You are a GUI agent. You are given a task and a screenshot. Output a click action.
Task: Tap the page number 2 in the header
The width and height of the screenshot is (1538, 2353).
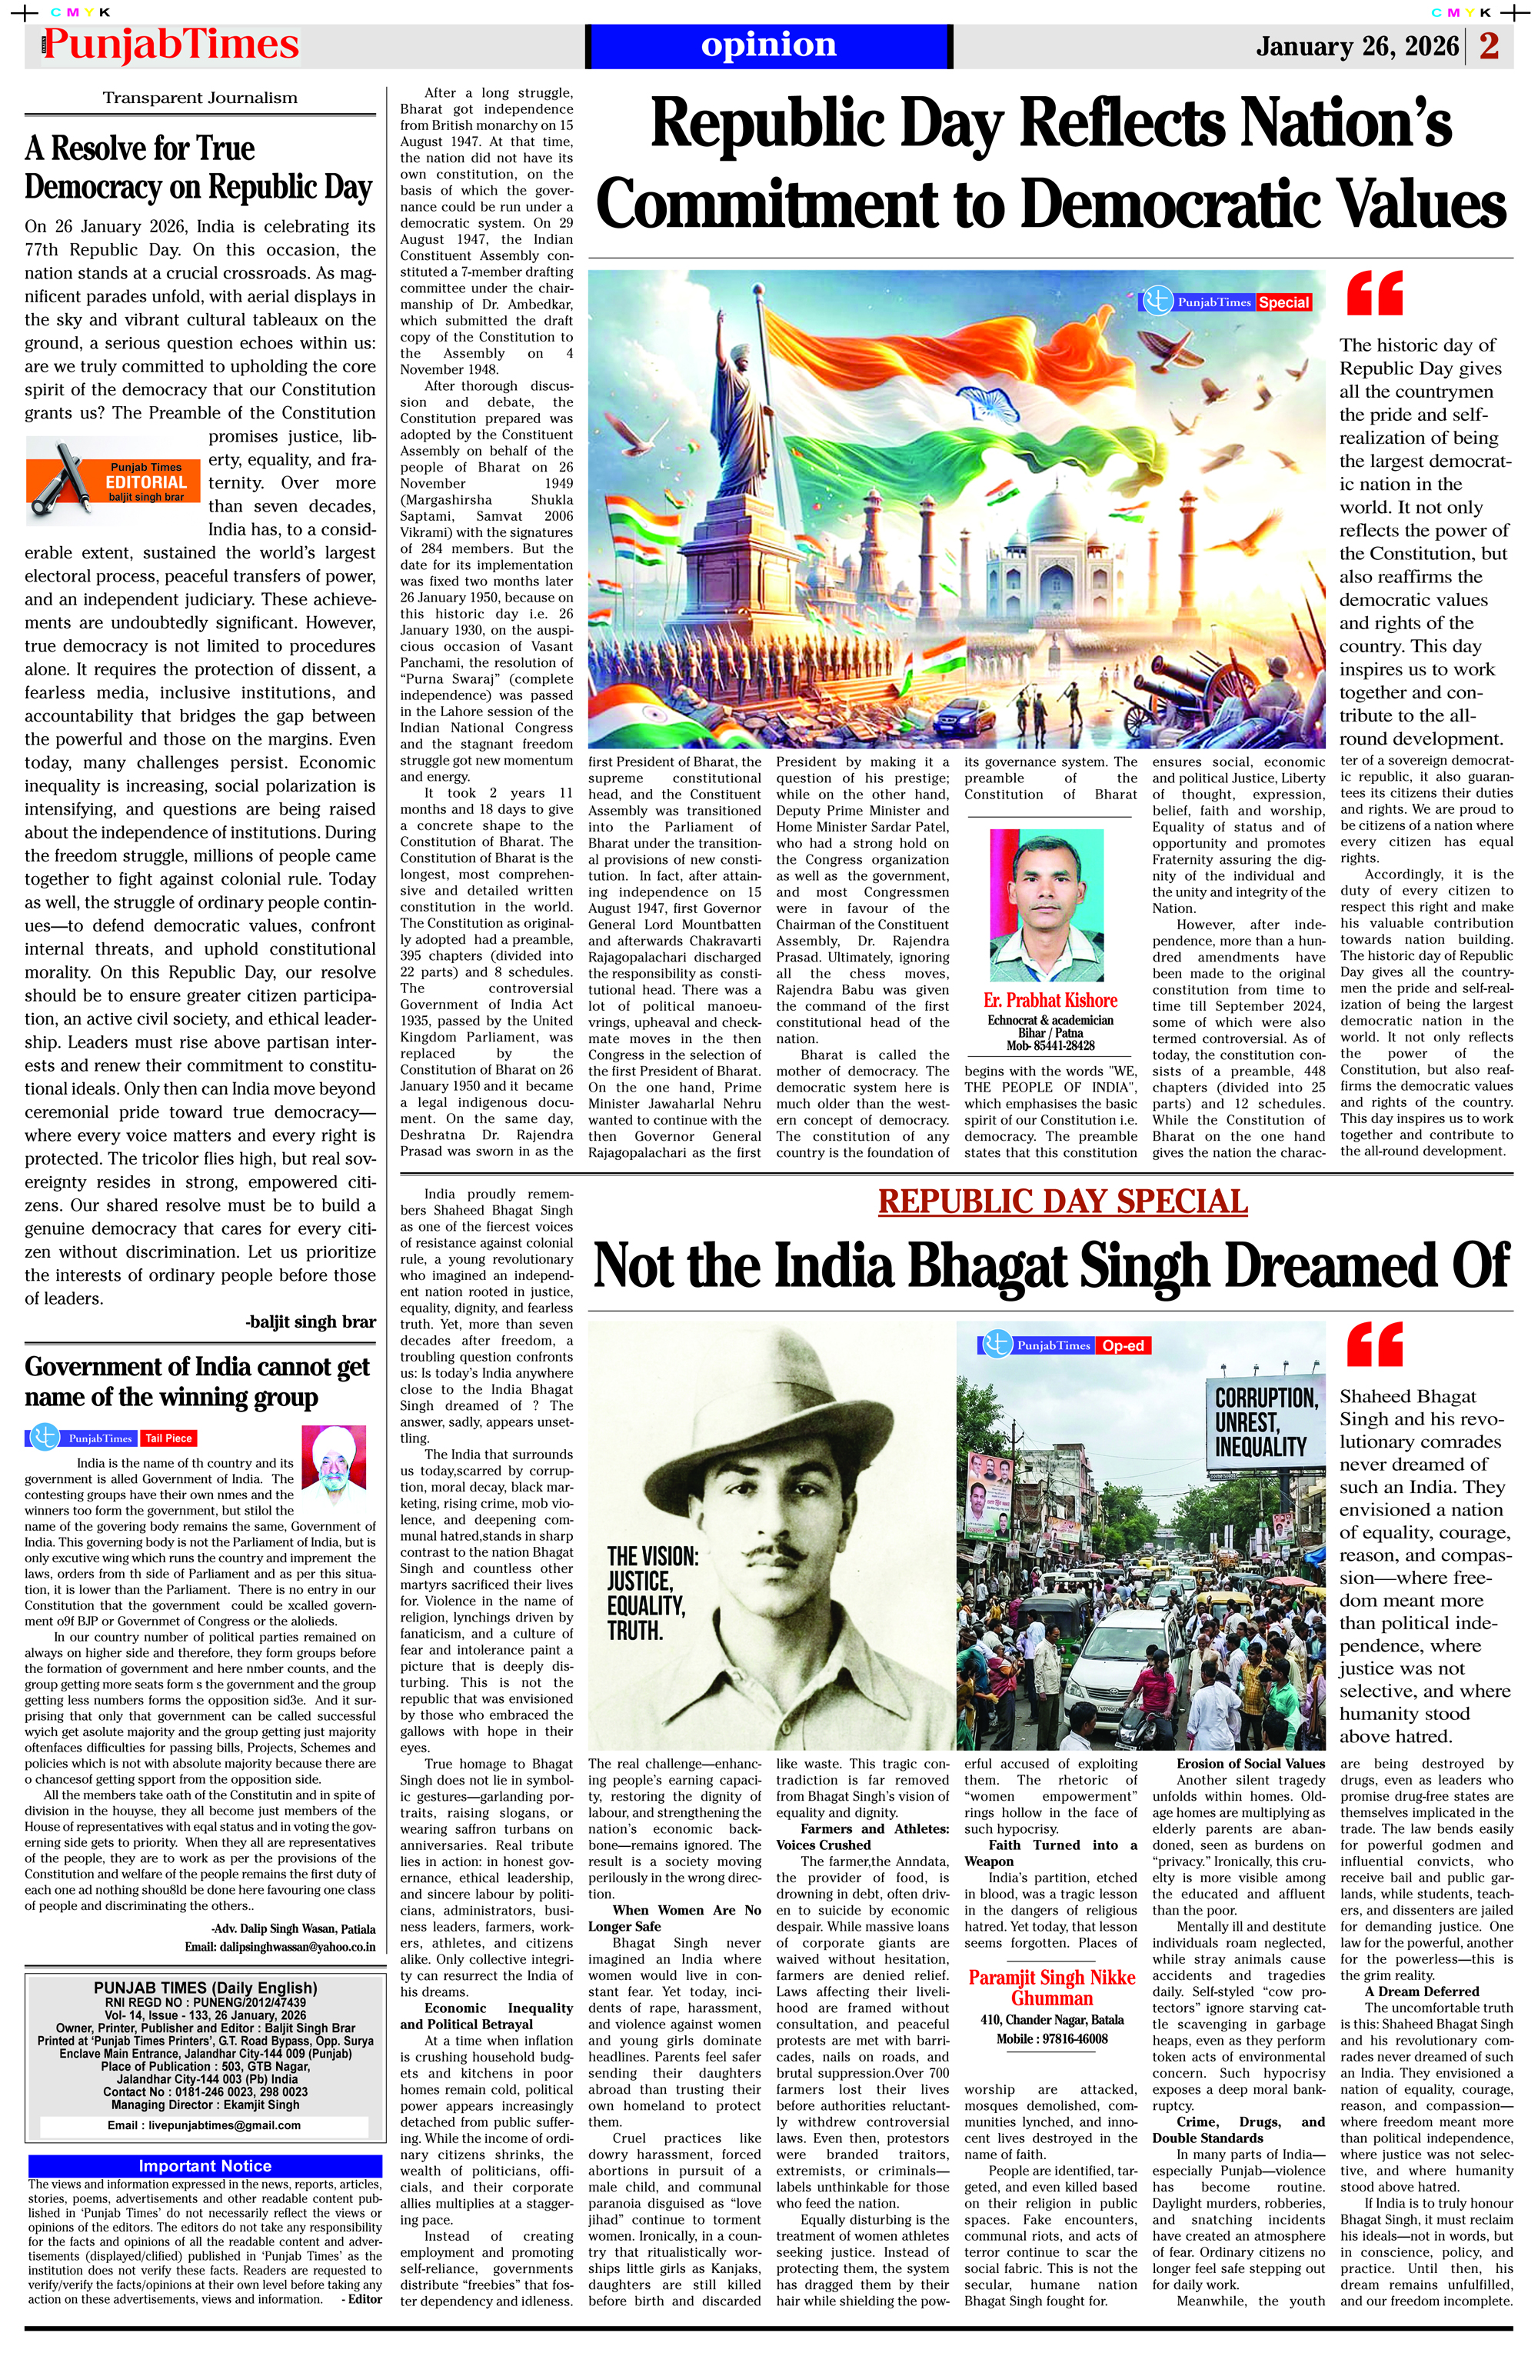pos(1489,45)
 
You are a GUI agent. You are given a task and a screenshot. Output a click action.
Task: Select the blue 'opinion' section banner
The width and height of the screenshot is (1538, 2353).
pos(768,45)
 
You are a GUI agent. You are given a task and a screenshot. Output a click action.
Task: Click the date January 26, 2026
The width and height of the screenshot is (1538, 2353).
pos(1356,46)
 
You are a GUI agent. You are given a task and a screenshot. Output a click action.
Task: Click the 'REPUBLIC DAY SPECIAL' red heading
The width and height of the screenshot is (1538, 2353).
pos(1063,1201)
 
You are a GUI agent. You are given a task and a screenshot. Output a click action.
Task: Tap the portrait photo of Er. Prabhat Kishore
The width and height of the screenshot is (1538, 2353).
pos(1046,905)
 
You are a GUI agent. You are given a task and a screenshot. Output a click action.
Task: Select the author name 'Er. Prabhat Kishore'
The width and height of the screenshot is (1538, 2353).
pos(1050,1001)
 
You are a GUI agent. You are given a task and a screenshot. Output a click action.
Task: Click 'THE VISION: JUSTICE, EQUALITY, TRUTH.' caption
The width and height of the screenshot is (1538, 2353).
pos(652,1593)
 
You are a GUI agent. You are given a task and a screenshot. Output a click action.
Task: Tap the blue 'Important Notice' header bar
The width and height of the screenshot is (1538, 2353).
pos(205,2165)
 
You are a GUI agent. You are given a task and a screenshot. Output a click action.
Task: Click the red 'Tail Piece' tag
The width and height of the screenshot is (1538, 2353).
pos(169,1438)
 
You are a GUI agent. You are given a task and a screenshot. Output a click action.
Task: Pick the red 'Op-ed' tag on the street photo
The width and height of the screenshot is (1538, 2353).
pos(1123,1345)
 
